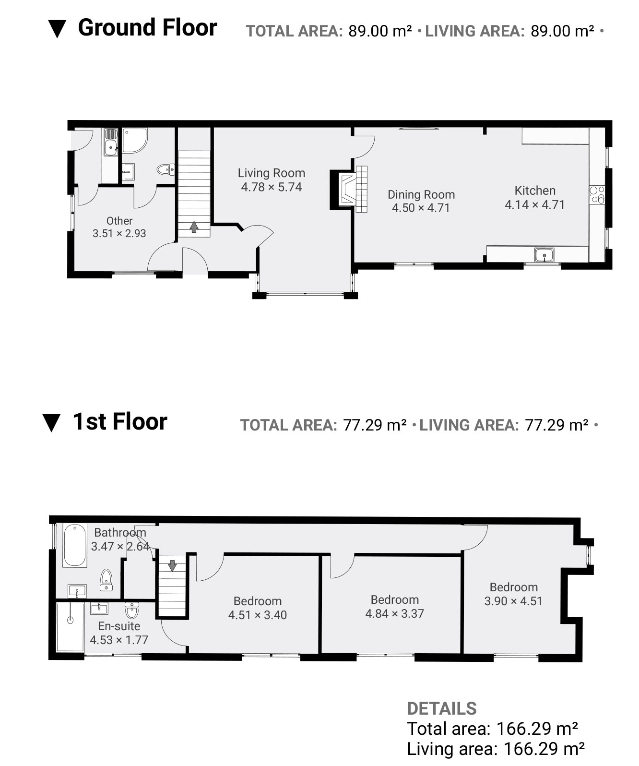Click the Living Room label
click(271, 173)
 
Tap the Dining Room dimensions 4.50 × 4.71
click(421, 208)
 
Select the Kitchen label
click(535, 191)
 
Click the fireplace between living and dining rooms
click(348, 189)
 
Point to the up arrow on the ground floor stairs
click(194, 227)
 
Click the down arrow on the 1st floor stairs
click(172, 565)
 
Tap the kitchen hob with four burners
click(597, 195)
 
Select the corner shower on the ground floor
click(135, 140)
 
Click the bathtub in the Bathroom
click(75, 546)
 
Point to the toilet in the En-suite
click(132, 610)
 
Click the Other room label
click(119, 221)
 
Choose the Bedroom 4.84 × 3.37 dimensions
click(394, 613)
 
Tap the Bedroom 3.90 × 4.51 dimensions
click(513, 601)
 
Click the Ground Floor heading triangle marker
click(57, 29)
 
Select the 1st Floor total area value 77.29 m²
click(375, 425)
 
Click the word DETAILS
click(442, 708)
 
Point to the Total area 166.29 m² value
click(537, 729)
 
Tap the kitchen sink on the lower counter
click(544, 254)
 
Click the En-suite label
click(119, 626)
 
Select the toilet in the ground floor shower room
click(166, 169)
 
